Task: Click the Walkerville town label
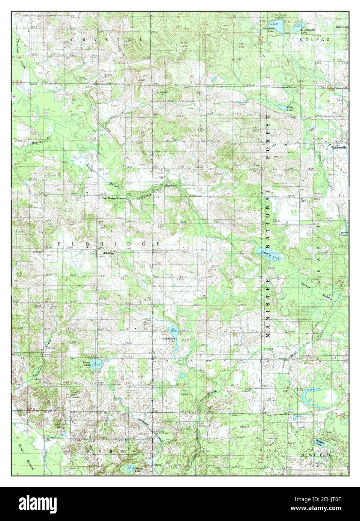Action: [339, 147]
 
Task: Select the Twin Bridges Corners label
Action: [113, 198]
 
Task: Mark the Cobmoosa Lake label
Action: [169, 340]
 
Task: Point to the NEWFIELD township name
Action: [315, 455]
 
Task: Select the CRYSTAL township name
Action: [107, 39]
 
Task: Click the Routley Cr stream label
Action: [30, 143]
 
